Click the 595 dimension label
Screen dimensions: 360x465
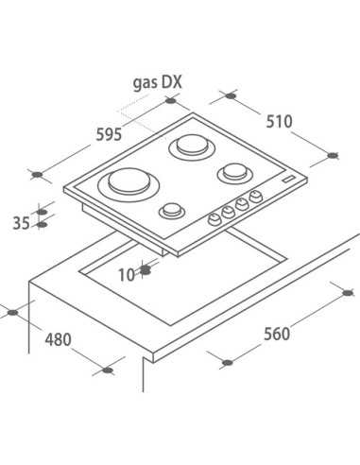[x=109, y=134]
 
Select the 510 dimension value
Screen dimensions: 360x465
[x=280, y=122]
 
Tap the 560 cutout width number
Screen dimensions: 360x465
[x=277, y=334]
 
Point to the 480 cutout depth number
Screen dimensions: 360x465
[x=58, y=339]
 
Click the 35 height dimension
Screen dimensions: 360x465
[x=22, y=223]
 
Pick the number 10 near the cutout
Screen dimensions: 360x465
[x=127, y=275]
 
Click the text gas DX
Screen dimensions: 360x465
[x=158, y=83]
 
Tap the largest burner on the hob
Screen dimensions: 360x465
[x=129, y=184]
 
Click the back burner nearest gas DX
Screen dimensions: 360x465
[x=193, y=146]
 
